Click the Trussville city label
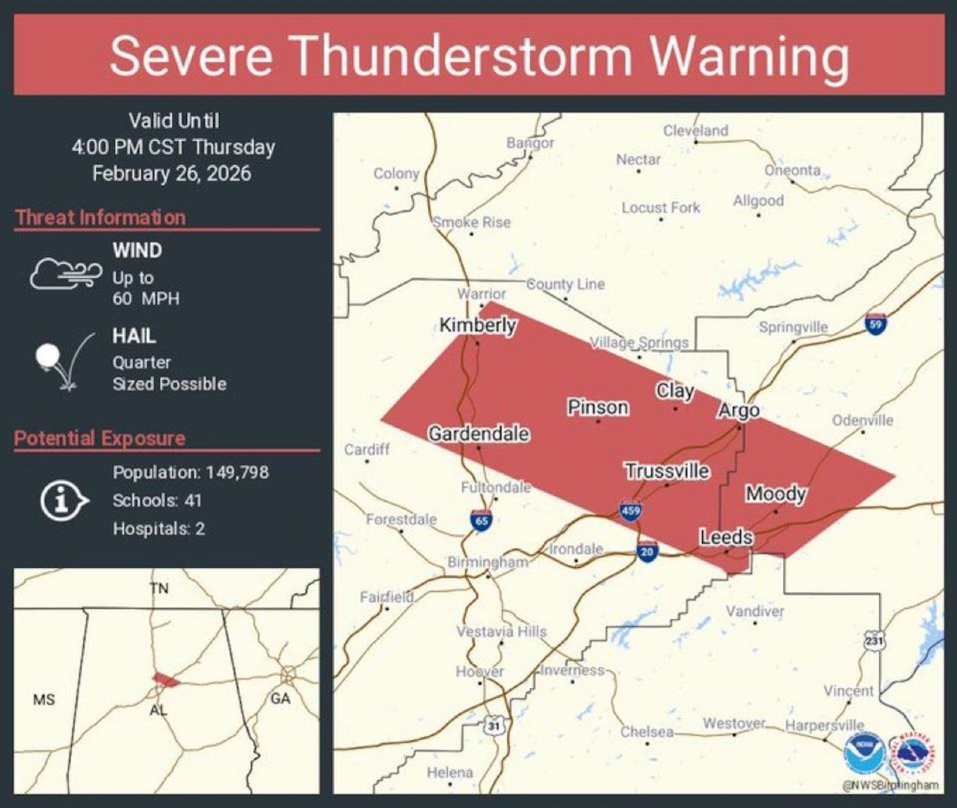(x=667, y=471)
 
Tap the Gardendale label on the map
(x=478, y=433)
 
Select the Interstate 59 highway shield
(x=875, y=324)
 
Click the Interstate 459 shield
(x=630, y=511)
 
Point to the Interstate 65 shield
(x=481, y=521)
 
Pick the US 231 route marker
(x=874, y=640)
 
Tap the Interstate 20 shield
(x=647, y=552)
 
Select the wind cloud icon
(x=66, y=274)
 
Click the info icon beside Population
(x=63, y=501)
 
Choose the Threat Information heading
(x=100, y=218)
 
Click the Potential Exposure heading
(x=99, y=438)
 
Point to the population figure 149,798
(x=237, y=473)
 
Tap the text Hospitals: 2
(x=159, y=529)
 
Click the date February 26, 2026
(x=171, y=174)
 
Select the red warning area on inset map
(x=165, y=680)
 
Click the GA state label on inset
(x=280, y=699)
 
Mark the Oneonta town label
(x=792, y=170)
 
